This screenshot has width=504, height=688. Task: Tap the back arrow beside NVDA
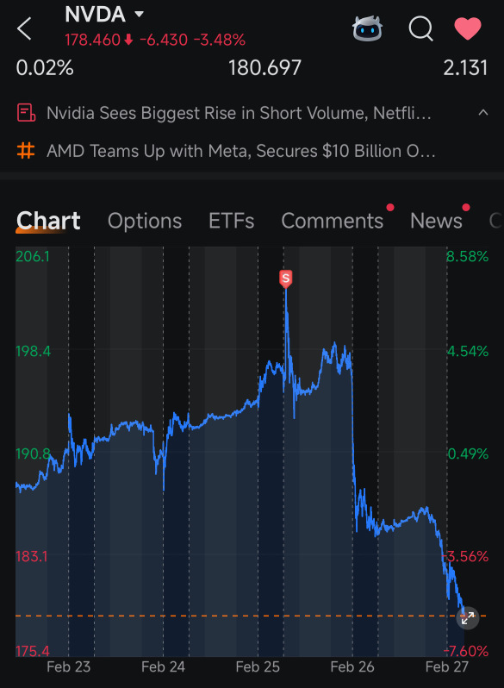tap(24, 28)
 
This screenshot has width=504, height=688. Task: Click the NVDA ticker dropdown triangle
tap(139, 14)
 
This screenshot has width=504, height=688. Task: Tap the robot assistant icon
tap(367, 28)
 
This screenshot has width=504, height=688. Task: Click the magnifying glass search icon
tap(420, 29)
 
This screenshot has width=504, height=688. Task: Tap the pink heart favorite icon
tap(468, 28)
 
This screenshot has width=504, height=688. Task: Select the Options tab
tap(145, 221)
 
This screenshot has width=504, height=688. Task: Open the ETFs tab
tap(231, 221)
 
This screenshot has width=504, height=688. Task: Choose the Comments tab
tap(332, 221)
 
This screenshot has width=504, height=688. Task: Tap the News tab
tap(436, 221)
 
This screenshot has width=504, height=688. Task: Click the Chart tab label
tap(48, 220)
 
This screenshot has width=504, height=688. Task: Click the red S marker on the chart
tap(285, 278)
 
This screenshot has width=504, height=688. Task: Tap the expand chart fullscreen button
tap(468, 618)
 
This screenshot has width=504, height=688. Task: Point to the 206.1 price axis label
tap(33, 256)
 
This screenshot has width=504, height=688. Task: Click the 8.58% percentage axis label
tap(467, 256)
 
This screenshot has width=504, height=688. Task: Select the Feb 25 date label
tap(258, 667)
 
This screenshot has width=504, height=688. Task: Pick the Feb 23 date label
tap(68, 667)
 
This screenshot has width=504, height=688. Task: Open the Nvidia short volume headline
tap(239, 113)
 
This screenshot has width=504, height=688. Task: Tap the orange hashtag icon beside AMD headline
tap(26, 151)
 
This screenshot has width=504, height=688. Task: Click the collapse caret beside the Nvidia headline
tap(483, 113)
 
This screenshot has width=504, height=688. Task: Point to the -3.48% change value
tap(220, 40)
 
